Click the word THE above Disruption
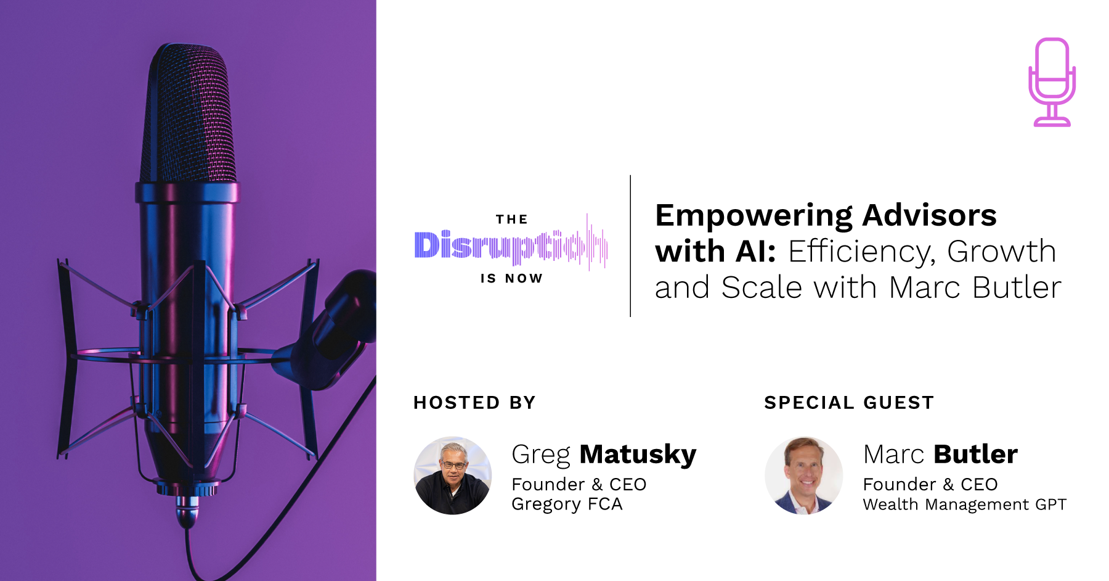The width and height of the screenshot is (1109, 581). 512,220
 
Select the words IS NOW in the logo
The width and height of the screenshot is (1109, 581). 512,279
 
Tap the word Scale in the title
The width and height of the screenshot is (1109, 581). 762,287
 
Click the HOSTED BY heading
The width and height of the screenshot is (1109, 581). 474,403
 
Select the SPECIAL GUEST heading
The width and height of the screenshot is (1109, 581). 849,403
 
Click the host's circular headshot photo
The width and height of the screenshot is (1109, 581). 453,476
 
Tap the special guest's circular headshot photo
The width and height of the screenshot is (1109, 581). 804,476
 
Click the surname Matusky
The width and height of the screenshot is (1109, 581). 638,455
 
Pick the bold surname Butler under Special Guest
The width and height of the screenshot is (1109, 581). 975,455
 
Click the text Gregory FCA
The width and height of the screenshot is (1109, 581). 567,505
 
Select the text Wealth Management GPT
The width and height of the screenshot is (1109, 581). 964,505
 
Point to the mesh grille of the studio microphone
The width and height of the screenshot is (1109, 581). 188,114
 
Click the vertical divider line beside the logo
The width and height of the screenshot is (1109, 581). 630,246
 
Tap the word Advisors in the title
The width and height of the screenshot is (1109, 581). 929,216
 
